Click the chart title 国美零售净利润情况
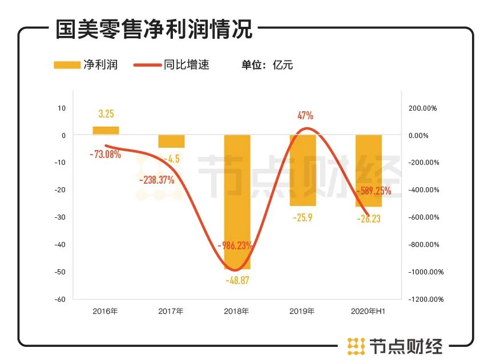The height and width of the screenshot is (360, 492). coord(154,29)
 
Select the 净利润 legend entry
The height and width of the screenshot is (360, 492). coord(86,64)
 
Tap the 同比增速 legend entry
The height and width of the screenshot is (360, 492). coord(171,64)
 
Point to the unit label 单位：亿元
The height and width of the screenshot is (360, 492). coord(267,65)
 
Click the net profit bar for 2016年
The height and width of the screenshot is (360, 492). coord(106,131)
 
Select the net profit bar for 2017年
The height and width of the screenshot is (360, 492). coord(171,141)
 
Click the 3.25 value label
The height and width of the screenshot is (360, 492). coord(106,114)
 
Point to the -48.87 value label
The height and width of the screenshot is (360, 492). coord(237,281)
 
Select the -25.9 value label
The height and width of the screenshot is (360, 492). coord(303,217)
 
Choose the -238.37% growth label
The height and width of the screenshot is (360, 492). coord(157,180)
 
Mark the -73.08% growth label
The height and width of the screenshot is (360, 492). coord(105,154)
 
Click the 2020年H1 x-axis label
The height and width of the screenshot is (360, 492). coord(368,312)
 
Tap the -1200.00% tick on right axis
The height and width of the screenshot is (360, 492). coord(425,299)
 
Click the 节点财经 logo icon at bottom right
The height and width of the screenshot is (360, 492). coord(356,346)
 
